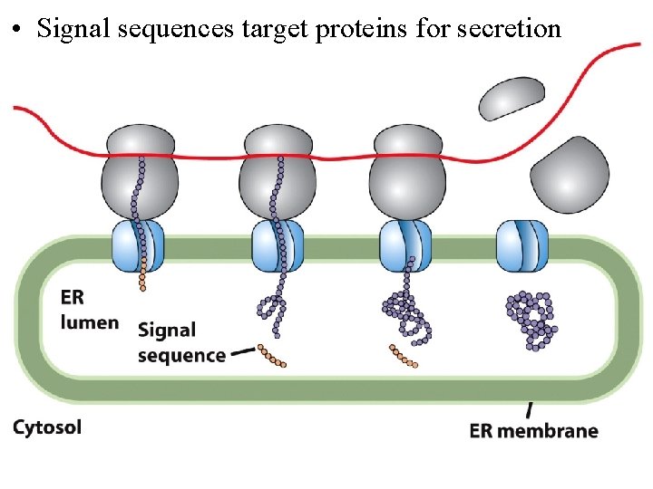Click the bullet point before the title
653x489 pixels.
17,30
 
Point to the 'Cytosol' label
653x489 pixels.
47,427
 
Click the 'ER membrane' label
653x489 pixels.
533,430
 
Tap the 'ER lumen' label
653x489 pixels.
89,310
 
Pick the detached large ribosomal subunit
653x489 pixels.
570,176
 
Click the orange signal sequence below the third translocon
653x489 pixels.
403,357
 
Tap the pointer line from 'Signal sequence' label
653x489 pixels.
242,351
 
